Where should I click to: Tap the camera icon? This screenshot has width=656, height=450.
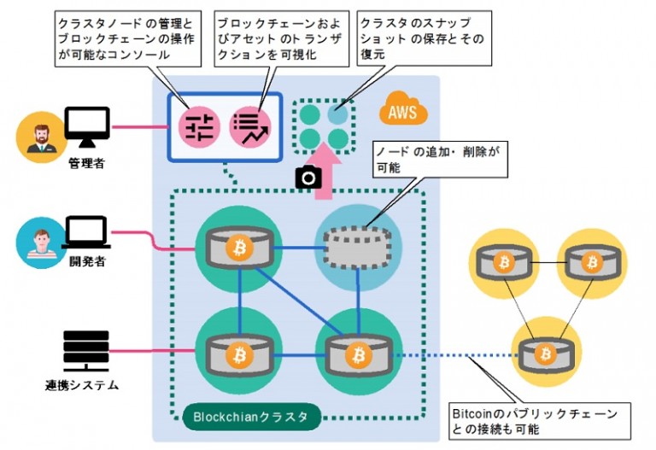click(x=307, y=177)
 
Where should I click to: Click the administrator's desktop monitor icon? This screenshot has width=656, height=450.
click(x=88, y=127)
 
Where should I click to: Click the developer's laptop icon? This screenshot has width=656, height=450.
click(x=88, y=231)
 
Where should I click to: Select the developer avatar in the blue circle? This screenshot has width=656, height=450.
click(x=39, y=244)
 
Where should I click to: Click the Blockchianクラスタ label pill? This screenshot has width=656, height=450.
click(x=250, y=418)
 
